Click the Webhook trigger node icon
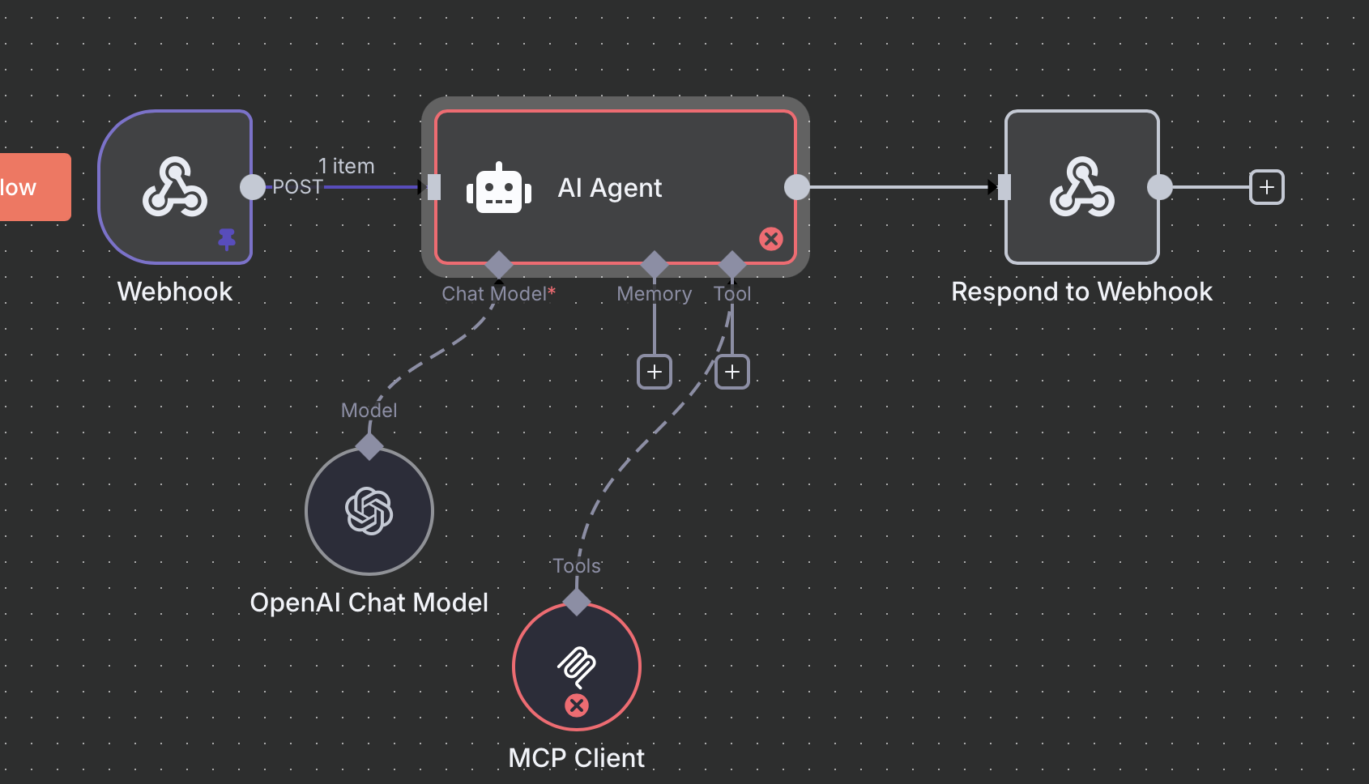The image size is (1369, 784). coord(175,187)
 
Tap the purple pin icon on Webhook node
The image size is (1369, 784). coord(227,239)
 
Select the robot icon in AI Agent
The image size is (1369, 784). coord(499,189)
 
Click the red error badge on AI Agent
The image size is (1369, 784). coord(771,239)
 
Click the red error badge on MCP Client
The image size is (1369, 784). coord(577,705)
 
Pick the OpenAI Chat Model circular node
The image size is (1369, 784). coord(369,511)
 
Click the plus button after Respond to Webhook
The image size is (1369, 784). coord(1267,187)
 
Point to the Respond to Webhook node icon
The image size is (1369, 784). coord(1082,187)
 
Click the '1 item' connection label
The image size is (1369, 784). coord(347,166)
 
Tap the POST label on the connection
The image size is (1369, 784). coord(297,187)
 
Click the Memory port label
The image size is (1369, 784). coord(655,294)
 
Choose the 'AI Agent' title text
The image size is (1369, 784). coord(610,188)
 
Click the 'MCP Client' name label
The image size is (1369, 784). coord(577,758)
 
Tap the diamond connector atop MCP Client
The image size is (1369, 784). coord(577,602)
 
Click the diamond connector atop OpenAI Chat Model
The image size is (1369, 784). coord(369,446)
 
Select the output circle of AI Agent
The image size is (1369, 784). coord(797,187)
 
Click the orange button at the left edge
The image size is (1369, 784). coord(32,187)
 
